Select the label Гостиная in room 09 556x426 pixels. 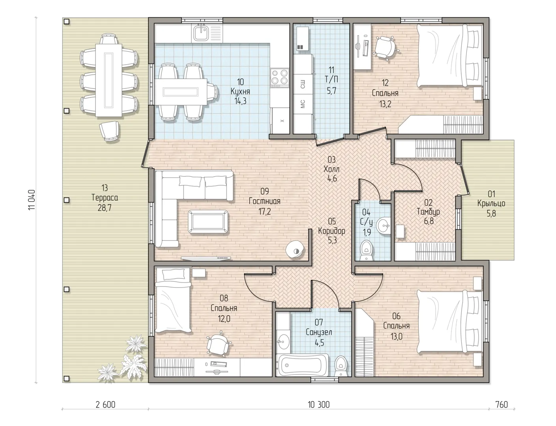point(264,201)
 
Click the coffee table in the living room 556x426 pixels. point(208,221)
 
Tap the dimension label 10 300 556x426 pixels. point(318,405)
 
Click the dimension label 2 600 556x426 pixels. point(105,405)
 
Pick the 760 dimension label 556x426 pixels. point(502,405)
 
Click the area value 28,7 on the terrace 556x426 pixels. point(105,208)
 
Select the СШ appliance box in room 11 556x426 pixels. point(303,84)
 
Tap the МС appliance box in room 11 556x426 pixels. point(303,104)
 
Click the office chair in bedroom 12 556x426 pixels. point(384,48)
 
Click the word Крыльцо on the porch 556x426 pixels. point(491,204)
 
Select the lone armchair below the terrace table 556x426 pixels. point(110,131)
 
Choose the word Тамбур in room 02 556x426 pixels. point(428,212)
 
